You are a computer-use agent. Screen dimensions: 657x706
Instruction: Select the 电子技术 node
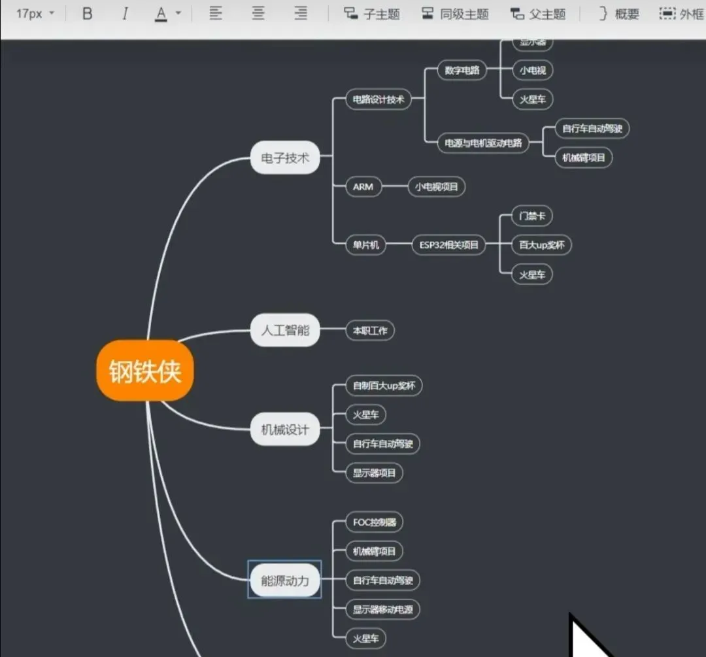coord(285,158)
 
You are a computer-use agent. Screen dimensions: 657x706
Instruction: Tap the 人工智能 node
coord(285,330)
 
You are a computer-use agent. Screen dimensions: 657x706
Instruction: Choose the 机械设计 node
coord(285,430)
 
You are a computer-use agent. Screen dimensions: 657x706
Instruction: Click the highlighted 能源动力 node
coord(285,579)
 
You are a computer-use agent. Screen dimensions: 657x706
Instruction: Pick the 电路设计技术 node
coord(378,99)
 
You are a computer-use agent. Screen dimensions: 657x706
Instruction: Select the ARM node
coord(363,186)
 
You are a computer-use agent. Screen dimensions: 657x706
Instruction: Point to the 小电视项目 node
coord(437,186)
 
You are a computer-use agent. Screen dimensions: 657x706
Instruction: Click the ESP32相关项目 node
coord(448,245)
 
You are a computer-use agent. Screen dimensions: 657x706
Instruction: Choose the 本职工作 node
coord(370,330)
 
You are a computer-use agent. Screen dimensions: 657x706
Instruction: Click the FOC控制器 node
coord(374,522)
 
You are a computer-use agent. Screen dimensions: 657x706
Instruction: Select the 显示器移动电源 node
coord(382,609)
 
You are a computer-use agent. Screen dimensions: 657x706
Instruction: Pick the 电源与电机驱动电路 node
coord(483,143)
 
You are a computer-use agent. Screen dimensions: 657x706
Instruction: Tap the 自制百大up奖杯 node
coord(384,386)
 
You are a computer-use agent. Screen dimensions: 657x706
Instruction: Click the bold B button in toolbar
coord(88,14)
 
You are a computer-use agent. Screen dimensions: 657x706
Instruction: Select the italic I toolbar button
coord(125,14)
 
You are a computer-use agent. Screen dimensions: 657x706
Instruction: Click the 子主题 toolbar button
coord(372,14)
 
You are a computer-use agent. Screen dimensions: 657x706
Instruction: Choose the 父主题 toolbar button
coord(537,14)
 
